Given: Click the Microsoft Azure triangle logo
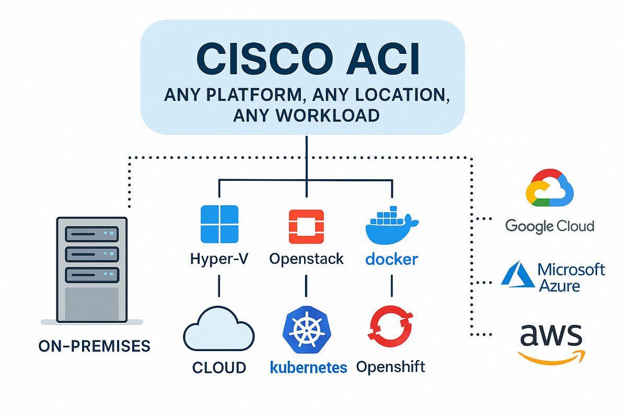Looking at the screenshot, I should click(x=517, y=275).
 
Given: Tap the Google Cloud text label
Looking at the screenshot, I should click(x=550, y=226).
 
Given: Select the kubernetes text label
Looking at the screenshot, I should click(x=308, y=367).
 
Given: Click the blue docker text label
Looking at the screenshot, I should click(x=392, y=259).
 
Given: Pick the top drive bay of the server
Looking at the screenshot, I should click(x=91, y=234).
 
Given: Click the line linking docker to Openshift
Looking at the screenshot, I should click(x=392, y=286).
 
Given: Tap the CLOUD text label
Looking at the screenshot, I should click(x=219, y=367).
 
